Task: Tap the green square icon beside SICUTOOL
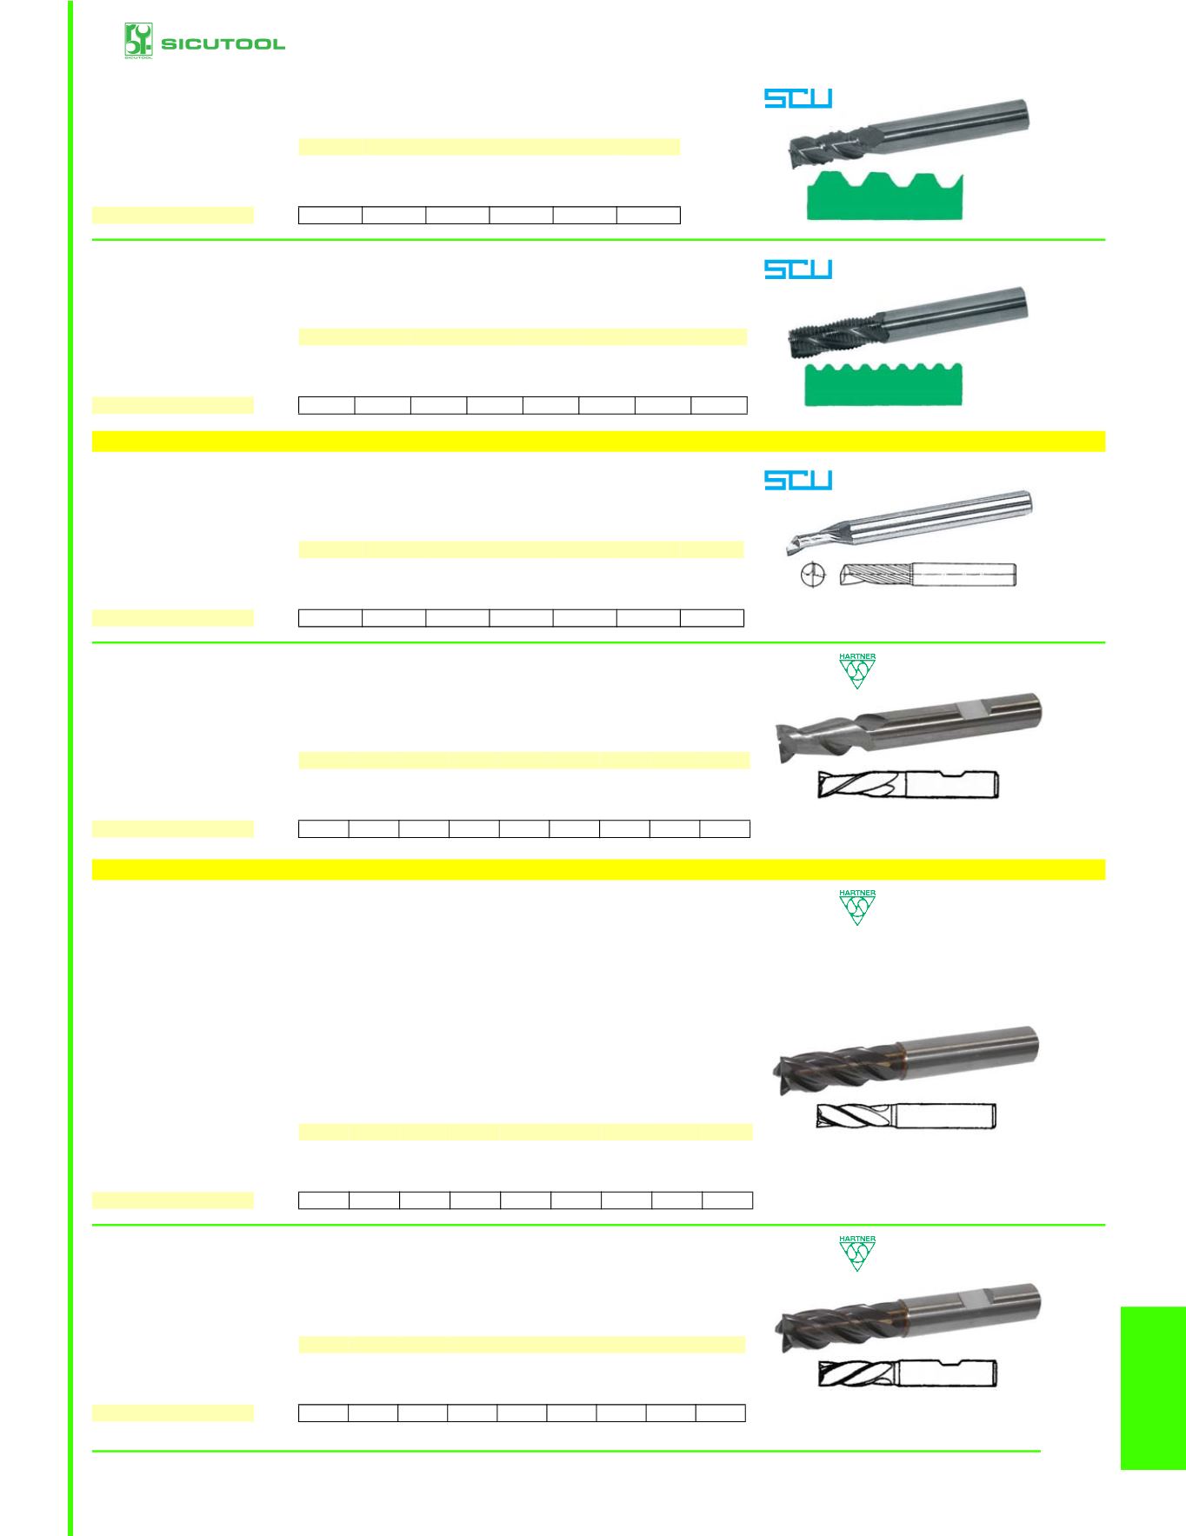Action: tap(138, 41)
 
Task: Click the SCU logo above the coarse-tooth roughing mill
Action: tap(798, 98)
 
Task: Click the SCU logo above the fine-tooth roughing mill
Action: tap(798, 269)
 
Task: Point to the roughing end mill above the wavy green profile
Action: tap(907, 323)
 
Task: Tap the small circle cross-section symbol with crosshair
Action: tap(810, 575)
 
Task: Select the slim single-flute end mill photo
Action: tap(909, 522)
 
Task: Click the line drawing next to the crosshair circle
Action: tap(929, 575)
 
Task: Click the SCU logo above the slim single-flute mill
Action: tap(798, 480)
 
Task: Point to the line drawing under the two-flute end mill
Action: tap(909, 785)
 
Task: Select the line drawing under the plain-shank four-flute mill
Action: tap(906, 1115)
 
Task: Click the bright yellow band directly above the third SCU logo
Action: tap(598, 441)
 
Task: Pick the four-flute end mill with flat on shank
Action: tap(907, 1318)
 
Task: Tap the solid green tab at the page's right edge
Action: tap(1153, 1387)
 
